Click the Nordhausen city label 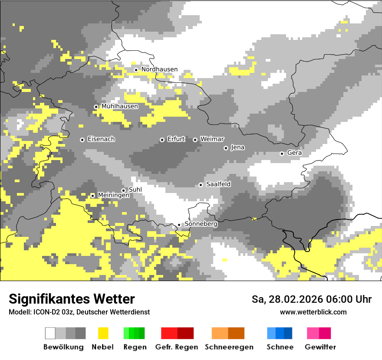(x=159, y=69)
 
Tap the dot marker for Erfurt (x=162, y=140)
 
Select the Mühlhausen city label (x=120, y=106)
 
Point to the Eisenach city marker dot (x=82, y=140)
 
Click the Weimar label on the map (x=212, y=139)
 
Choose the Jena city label (x=238, y=147)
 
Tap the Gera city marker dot (x=282, y=154)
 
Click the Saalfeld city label (x=218, y=184)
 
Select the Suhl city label (x=135, y=190)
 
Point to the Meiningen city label (x=114, y=196)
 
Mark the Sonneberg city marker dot (x=179, y=225)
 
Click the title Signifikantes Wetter (x=72, y=299)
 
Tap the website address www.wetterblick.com (x=313, y=312)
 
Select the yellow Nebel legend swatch (x=103, y=333)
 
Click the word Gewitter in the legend (x=320, y=347)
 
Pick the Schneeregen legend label (x=229, y=347)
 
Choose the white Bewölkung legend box (x=50, y=333)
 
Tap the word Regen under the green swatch (x=135, y=347)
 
